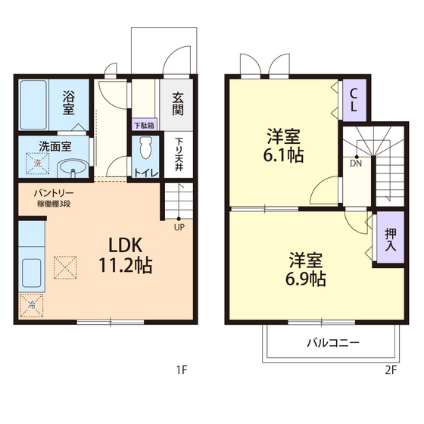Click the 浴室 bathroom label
(68, 102)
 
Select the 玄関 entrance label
(177, 103)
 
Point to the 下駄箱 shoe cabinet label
(144, 125)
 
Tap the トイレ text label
(145, 173)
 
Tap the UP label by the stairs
(179, 226)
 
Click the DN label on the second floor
(356, 162)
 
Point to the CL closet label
(354, 99)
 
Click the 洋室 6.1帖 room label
(284, 147)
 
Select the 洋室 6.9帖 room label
(306, 269)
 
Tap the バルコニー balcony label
(333, 342)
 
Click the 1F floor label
(181, 370)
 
